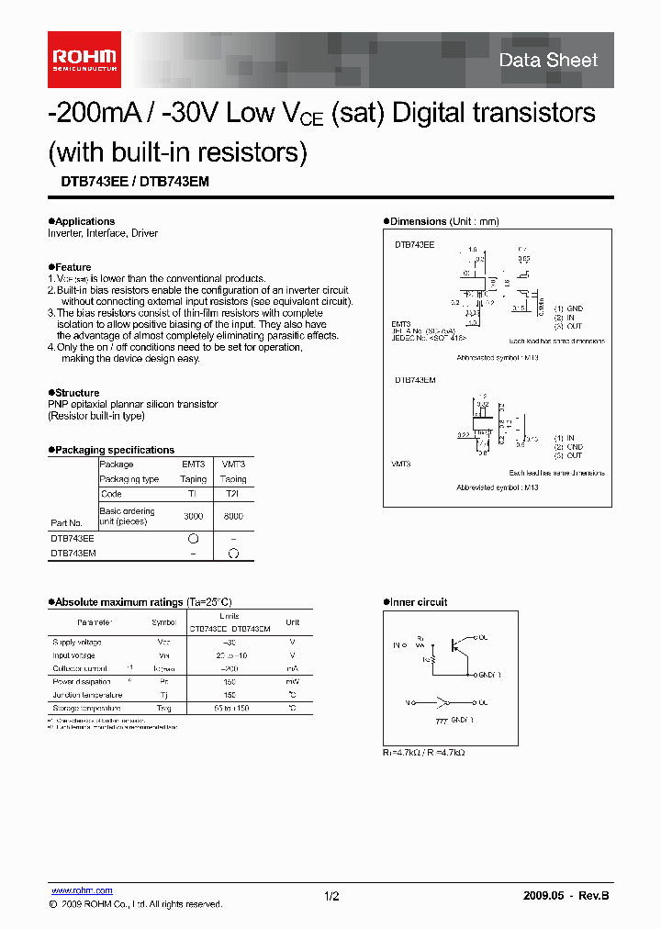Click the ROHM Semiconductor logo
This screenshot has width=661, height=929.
tap(83, 59)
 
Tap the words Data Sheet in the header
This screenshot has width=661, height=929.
tap(548, 61)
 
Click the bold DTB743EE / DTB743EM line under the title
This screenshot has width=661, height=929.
tap(129, 182)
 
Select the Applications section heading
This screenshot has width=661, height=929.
tap(84, 221)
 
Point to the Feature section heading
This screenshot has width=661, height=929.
tap(73, 267)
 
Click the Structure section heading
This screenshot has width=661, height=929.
tap(77, 393)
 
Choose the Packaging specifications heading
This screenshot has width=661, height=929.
tap(114, 450)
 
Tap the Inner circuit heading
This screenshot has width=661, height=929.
tap(419, 602)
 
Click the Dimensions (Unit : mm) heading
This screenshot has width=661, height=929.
tap(444, 221)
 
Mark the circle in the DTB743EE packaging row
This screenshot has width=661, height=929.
tap(193, 539)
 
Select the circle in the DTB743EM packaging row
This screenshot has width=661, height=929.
tap(233, 554)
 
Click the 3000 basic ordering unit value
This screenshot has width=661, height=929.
tap(193, 517)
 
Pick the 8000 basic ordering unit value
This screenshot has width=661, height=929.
tap(233, 517)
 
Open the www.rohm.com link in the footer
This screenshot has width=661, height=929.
tap(82, 890)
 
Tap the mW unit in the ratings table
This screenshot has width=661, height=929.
tap(292, 682)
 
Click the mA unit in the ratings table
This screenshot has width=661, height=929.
tap(292, 669)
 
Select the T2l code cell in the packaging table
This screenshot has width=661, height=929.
tap(233, 493)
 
